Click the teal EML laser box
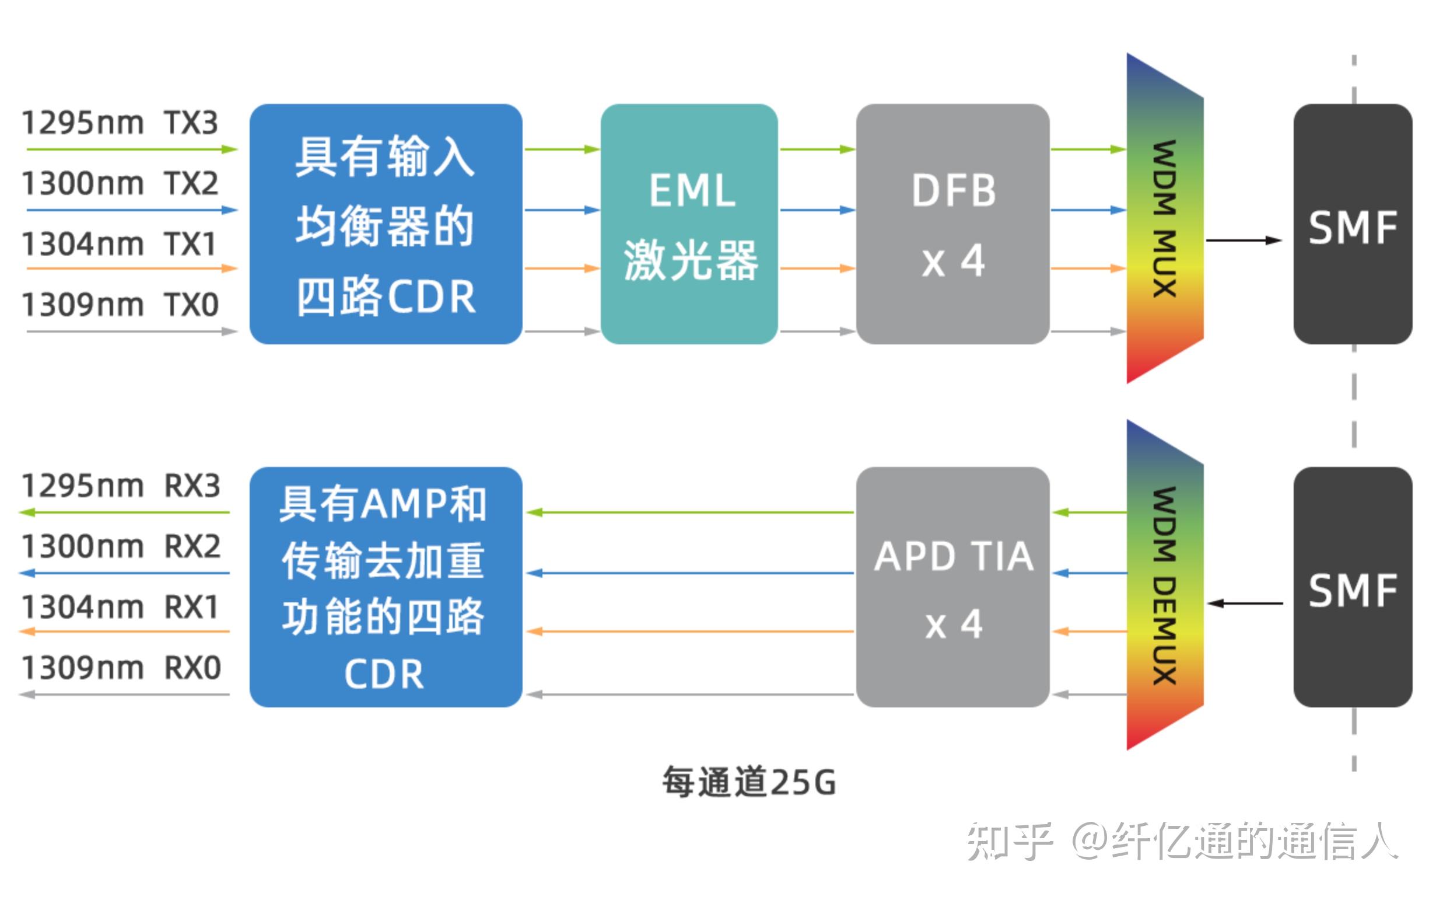(x=689, y=224)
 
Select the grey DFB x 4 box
(x=952, y=224)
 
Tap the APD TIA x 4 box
(x=952, y=587)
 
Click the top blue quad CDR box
(x=386, y=224)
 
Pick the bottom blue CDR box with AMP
(x=386, y=587)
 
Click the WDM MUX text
(x=1164, y=219)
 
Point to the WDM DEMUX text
(x=1164, y=586)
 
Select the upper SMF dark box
(x=1352, y=224)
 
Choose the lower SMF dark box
(x=1352, y=587)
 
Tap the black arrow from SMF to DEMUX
(x=1245, y=604)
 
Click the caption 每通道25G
(x=748, y=782)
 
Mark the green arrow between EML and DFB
(x=816, y=149)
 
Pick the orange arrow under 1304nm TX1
(x=131, y=268)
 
